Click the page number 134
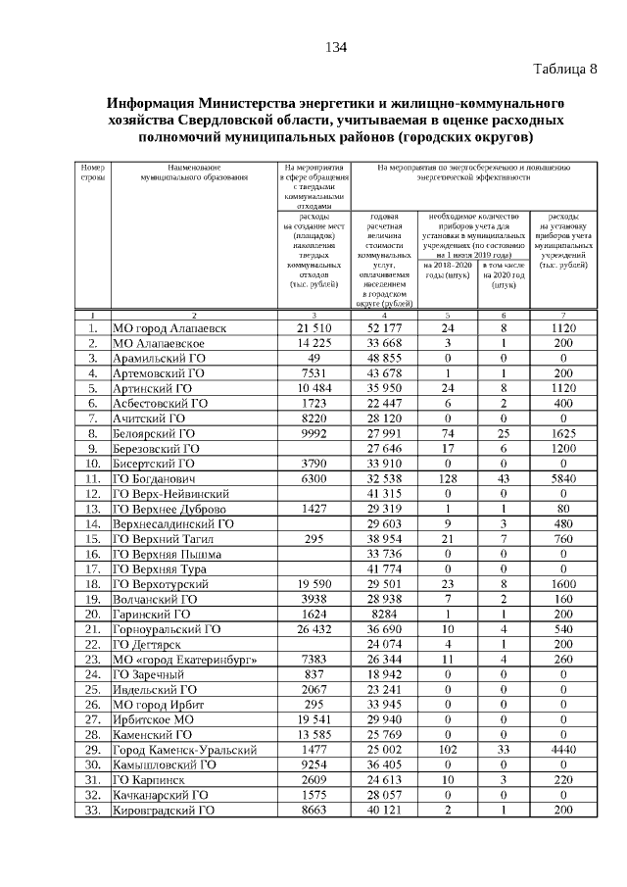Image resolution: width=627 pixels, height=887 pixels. [336, 47]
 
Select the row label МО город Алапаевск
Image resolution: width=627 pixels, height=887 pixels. [169, 327]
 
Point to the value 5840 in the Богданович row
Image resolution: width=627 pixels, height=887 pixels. [563, 478]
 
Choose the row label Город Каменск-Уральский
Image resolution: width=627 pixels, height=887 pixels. [185, 750]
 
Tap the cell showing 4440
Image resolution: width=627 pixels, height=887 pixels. [563, 750]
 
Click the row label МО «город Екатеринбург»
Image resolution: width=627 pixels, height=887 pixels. [186, 660]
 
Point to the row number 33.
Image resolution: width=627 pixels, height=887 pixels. [91, 811]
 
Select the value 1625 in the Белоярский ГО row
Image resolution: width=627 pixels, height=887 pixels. [563, 433]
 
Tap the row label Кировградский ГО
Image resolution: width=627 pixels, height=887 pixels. [164, 811]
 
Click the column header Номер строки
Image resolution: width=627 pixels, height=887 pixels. [92, 173]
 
